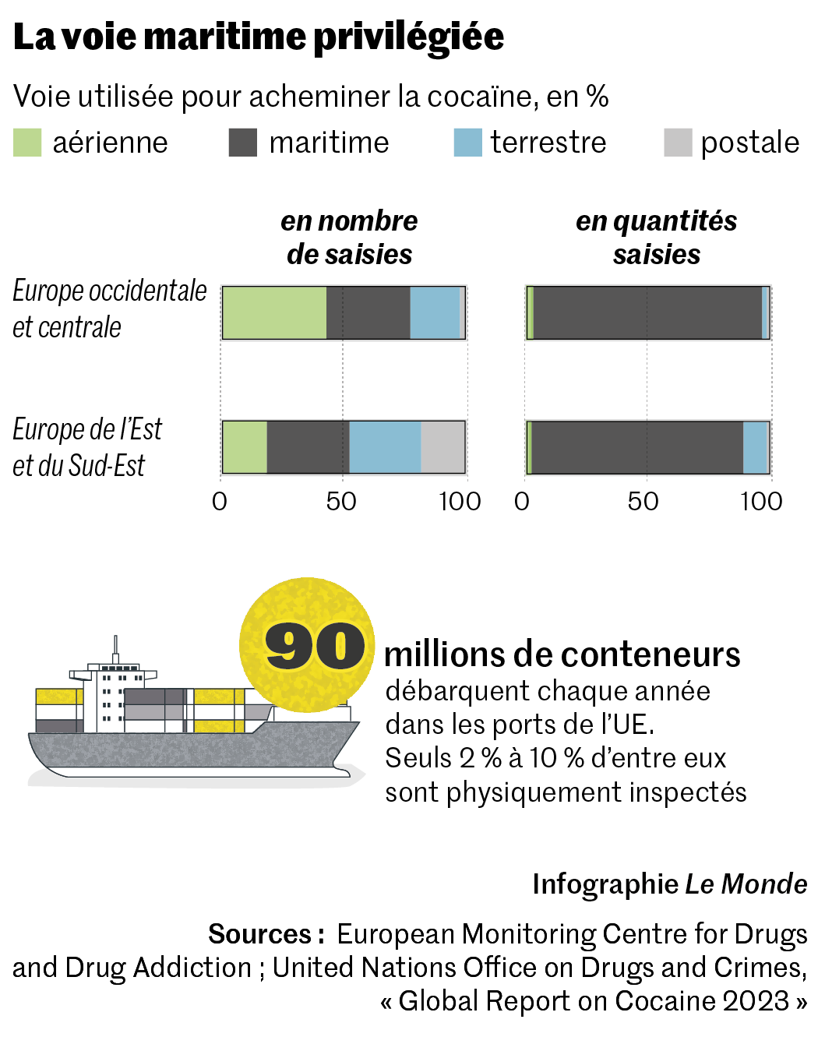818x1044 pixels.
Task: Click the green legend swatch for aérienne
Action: click(x=27, y=143)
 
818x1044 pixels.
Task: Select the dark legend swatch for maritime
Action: click(x=242, y=143)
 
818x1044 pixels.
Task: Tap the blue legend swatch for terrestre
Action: click(x=467, y=143)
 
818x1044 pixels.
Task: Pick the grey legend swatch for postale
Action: click(x=678, y=143)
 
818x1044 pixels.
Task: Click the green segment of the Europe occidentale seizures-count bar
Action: click(x=274, y=312)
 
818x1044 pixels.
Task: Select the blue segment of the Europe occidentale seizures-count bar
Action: click(x=435, y=312)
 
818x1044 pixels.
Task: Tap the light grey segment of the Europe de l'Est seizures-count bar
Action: click(x=442, y=447)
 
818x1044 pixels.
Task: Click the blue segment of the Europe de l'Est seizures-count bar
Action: click(x=385, y=447)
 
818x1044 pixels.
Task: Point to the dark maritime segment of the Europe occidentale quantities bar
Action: click(x=647, y=312)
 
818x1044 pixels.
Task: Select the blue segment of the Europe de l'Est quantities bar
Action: click(x=756, y=447)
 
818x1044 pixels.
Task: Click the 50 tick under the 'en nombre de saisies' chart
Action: click(x=341, y=502)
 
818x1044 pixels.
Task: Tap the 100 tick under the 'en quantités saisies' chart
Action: click(x=761, y=502)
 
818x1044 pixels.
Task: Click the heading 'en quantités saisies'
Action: click(x=656, y=238)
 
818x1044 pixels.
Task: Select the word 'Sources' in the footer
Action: click(x=260, y=933)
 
